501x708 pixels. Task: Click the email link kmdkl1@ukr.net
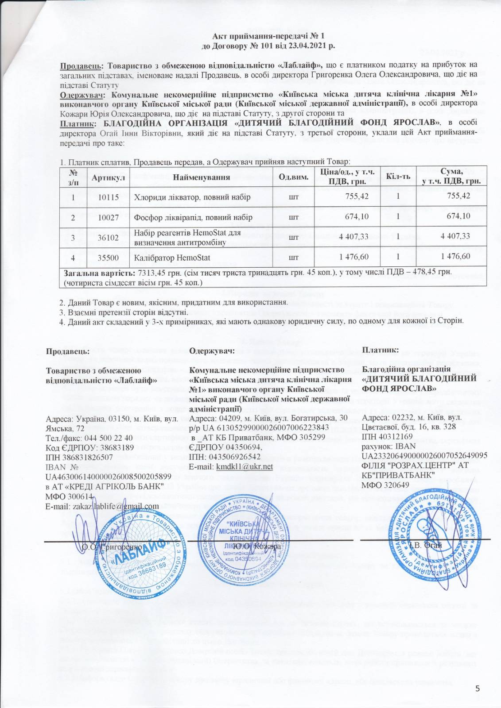coord(244,467)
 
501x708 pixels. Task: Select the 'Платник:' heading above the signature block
coord(381,350)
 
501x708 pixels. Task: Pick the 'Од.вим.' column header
coord(293,177)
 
